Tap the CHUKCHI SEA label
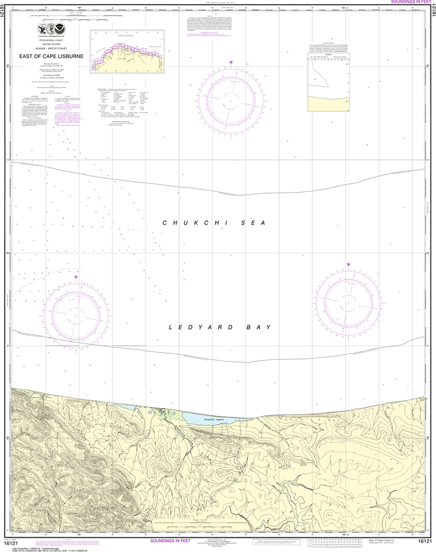(x=216, y=223)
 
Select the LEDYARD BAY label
(x=219, y=327)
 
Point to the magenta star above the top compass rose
(x=231, y=63)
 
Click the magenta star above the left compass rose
(x=76, y=277)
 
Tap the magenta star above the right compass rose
(x=349, y=264)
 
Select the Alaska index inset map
(x=128, y=51)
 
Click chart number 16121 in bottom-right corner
(x=425, y=541)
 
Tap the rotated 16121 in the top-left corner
(x=5, y=16)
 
